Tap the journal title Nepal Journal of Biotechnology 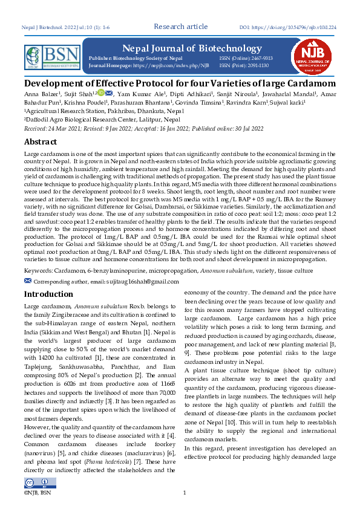(192, 48)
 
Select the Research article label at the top (181, 27)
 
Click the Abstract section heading (41, 141)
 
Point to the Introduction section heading (48, 294)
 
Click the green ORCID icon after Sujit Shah (101, 92)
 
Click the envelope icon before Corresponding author (27, 281)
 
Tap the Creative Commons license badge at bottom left (38, 482)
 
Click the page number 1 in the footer (184, 493)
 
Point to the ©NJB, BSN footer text (37, 493)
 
